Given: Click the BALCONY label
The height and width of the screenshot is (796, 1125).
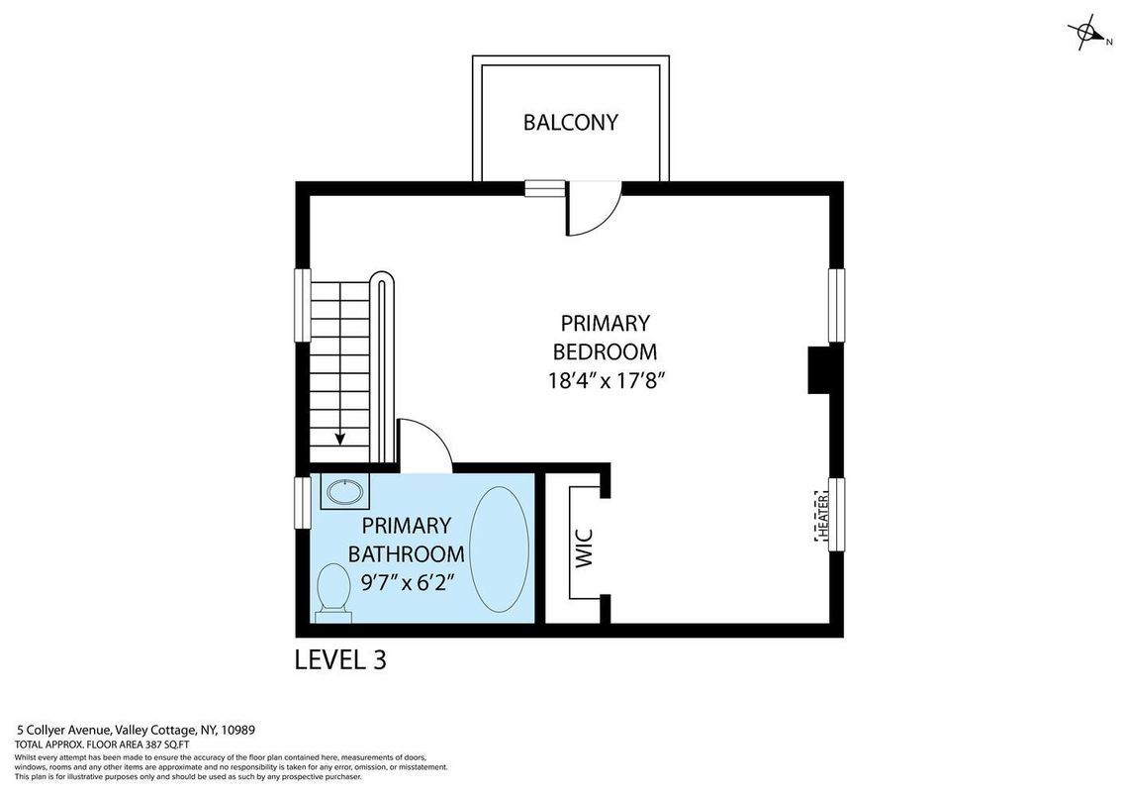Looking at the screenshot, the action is point(570,123).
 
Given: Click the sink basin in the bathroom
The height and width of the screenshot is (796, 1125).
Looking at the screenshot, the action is point(345,492).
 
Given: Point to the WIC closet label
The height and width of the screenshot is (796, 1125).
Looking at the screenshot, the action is point(585,548).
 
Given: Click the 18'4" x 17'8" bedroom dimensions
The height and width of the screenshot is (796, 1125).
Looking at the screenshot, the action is point(609,380).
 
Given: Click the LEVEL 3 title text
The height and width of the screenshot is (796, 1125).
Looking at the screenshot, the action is point(340,659).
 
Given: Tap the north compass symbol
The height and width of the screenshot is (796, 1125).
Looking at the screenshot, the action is point(1087,34).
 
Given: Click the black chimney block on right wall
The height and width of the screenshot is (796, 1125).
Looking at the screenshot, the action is point(819,369).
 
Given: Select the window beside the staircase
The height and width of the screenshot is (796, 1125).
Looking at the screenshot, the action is point(303,305).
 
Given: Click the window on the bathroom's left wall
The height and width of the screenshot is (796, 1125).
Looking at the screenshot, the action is point(303,502).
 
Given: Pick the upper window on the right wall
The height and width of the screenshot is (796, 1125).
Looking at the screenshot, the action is point(836,305).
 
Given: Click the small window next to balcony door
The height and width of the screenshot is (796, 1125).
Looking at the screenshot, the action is point(544,188).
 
